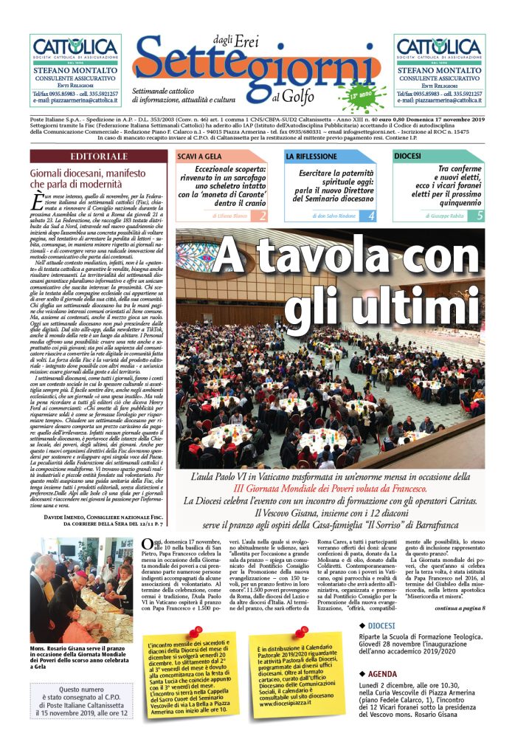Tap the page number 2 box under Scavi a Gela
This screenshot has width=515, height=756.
click(x=262, y=216)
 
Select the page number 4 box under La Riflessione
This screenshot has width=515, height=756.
click(x=371, y=216)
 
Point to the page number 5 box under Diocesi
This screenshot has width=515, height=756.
click(x=480, y=216)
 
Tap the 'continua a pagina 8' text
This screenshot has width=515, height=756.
click(x=460, y=608)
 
